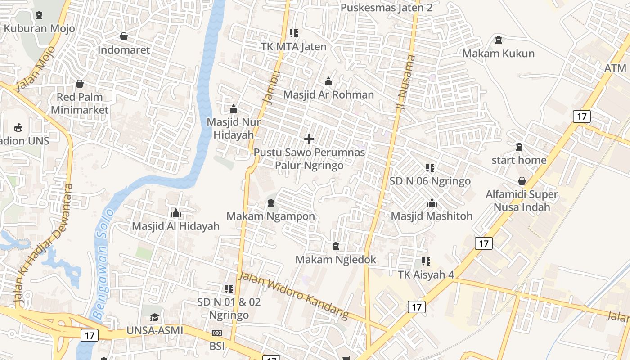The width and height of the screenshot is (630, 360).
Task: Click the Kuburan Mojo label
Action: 39,28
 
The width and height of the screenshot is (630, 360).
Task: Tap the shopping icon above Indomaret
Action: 124,36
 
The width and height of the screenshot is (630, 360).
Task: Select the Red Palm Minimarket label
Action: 80,103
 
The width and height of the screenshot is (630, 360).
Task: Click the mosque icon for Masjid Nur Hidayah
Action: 233,109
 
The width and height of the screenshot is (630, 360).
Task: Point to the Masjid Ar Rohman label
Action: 328,94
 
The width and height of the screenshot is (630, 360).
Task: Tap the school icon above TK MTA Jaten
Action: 294,33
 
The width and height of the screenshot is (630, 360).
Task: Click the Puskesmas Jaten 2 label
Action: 387,8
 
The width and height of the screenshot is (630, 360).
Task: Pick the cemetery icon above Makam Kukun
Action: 499,40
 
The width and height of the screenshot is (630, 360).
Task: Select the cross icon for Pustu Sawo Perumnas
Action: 309,139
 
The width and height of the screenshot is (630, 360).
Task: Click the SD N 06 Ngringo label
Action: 430,181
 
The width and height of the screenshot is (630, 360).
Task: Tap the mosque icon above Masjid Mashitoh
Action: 432,203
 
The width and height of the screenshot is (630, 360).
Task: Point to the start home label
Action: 519,160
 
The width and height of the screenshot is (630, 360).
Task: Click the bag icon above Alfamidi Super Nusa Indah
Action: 522,181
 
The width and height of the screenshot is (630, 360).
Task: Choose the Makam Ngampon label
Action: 270,216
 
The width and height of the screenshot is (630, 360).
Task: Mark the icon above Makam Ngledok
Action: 335,247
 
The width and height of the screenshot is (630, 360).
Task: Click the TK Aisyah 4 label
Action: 426,274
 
